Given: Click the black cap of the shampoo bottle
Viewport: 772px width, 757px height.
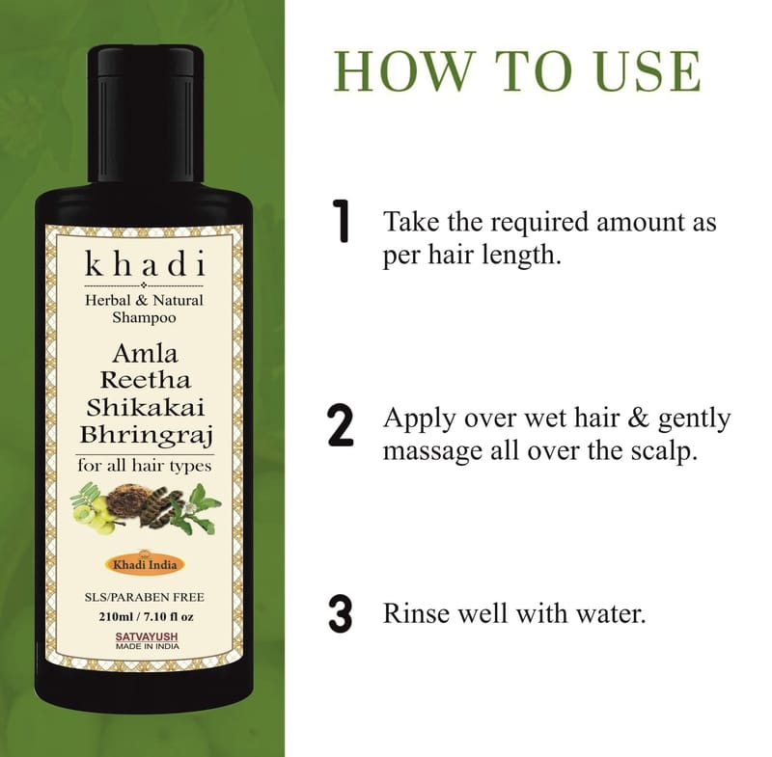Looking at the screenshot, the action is click(146, 114).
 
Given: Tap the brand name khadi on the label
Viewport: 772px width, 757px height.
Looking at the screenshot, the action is click(145, 263).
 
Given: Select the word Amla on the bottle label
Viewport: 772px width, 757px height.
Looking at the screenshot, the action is click(146, 353).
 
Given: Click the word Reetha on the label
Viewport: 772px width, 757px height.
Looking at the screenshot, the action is click(146, 380).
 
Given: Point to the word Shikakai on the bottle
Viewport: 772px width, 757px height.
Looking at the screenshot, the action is click(146, 407).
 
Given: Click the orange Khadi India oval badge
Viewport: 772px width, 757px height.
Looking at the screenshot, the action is click(145, 564).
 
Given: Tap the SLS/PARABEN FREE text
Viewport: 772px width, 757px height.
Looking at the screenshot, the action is click(145, 597).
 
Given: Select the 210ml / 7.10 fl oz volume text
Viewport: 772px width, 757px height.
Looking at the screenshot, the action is click(146, 616).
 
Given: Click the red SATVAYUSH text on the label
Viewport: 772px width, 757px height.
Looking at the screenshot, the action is click(147, 637).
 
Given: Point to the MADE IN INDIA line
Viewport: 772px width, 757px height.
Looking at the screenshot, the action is click(148, 646).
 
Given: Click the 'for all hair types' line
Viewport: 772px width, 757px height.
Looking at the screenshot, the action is click(144, 466).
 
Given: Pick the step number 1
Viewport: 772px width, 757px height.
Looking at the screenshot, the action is click(341, 221).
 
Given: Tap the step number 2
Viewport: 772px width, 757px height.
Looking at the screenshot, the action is click(341, 425).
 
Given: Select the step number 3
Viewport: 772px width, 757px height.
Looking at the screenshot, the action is click(341, 614).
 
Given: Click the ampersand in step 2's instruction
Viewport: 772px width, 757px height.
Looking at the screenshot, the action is click(639, 419).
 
